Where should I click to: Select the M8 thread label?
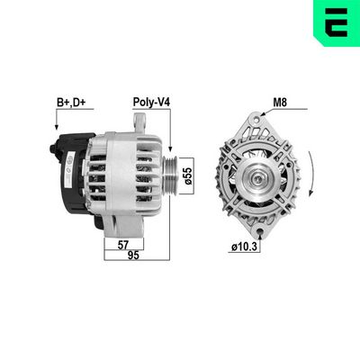(x=282, y=104)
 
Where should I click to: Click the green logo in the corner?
(x=337, y=22)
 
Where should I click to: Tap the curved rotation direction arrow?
(x=311, y=174)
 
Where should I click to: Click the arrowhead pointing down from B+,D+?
(x=45, y=130)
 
